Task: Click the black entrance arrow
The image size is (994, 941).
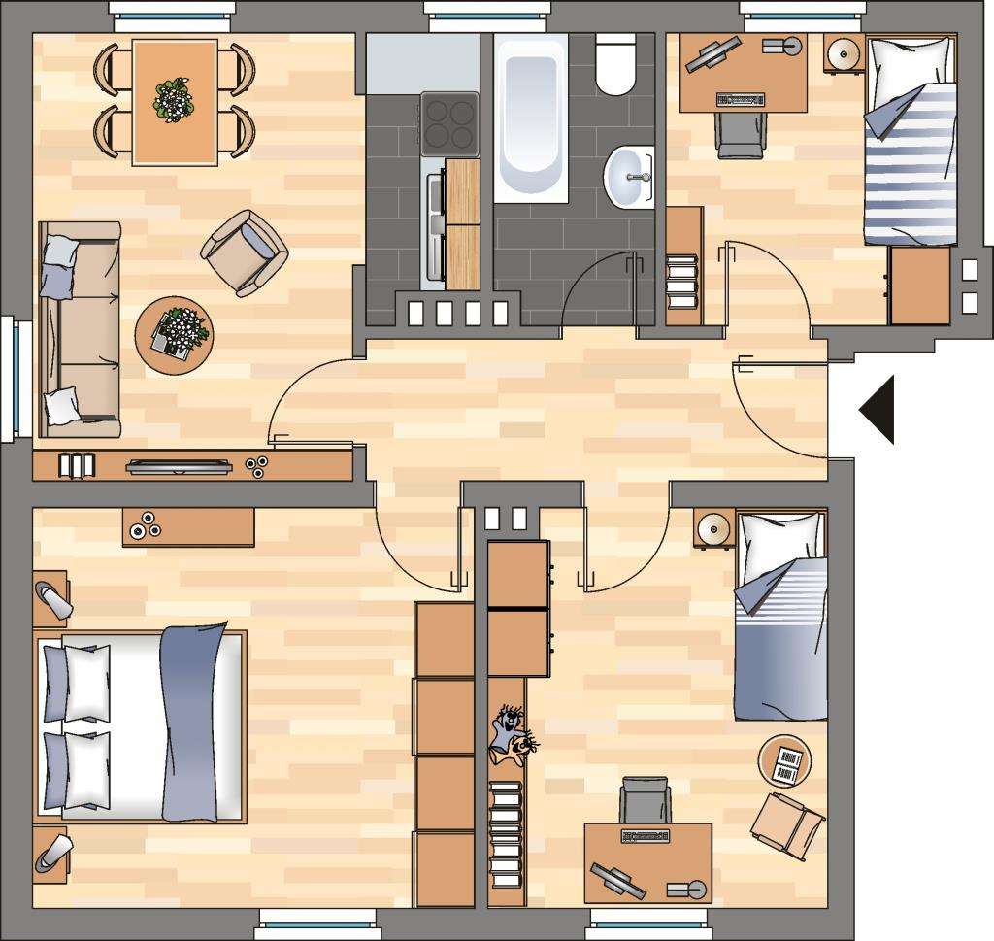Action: click(878, 410)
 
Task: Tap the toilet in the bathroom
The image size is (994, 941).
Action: click(614, 65)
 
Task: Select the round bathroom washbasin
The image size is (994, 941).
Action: click(629, 178)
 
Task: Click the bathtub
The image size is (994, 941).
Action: click(530, 118)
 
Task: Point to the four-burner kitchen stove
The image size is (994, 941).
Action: click(449, 123)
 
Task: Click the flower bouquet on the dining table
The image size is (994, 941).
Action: click(174, 99)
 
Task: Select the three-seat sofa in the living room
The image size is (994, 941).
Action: click(78, 328)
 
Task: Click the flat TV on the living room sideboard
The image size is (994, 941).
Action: click(180, 467)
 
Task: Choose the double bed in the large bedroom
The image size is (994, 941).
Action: click(141, 723)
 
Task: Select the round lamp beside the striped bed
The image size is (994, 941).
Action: click(844, 53)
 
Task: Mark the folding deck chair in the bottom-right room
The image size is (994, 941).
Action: click(788, 823)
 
